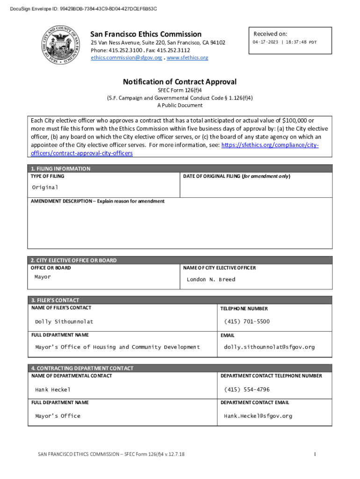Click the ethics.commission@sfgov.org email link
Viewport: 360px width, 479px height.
point(126,58)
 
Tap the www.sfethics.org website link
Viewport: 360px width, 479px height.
point(187,58)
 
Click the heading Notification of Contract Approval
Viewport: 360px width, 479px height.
point(180,82)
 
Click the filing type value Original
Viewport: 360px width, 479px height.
point(45,187)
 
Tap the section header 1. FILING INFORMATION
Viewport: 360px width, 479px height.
point(60,168)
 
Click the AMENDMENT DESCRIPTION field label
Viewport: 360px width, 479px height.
point(98,201)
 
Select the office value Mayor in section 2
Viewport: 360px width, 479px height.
point(43,277)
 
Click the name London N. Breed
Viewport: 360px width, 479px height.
point(211,280)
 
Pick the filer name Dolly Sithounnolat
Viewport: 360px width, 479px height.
point(64,322)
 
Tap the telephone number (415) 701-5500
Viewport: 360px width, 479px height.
point(247,322)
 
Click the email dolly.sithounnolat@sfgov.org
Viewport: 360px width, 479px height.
point(269,347)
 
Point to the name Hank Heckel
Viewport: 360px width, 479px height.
point(53,390)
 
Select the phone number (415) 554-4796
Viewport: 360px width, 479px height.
point(247,390)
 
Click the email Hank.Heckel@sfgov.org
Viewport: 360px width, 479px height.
point(258,416)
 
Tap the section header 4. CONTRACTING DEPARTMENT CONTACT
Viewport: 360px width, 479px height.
point(82,368)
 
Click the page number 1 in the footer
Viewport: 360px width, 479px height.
point(315,454)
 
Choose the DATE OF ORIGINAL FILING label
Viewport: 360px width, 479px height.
point(236,176)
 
